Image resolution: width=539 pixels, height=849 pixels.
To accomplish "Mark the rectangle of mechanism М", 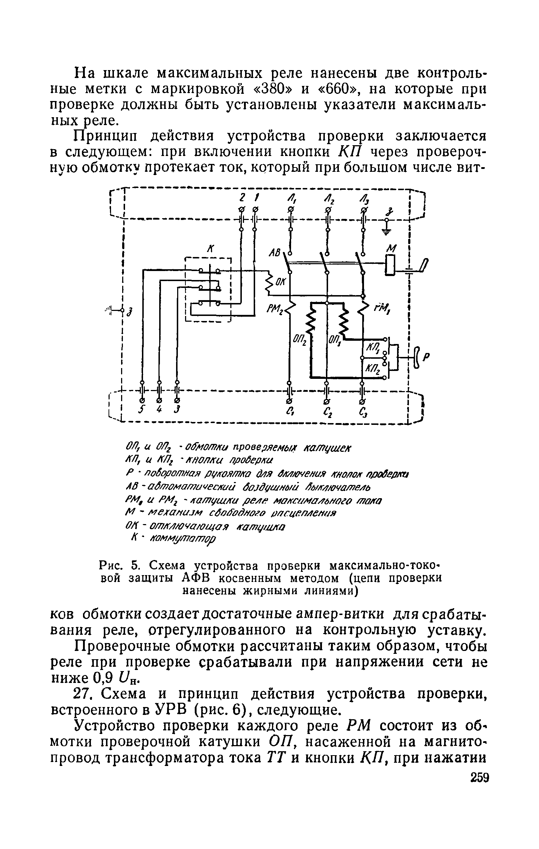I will pyautogui.click(x=390, y=265).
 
